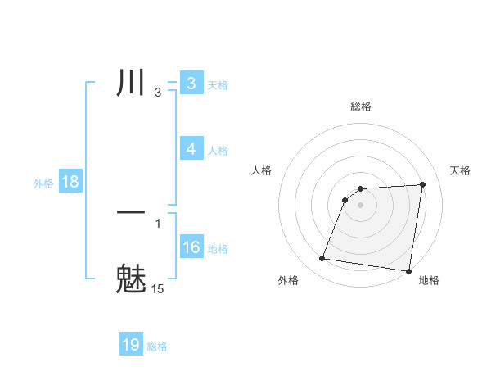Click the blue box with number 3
point(191,84)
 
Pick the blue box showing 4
point(191,149)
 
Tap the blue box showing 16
point(191,247)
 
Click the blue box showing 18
point(70,182)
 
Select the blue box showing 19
point(131,345)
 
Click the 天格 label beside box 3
point(218,84)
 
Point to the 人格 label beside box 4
point(218,151)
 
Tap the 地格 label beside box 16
point(218,249)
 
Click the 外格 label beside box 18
point(43,183)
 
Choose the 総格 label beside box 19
point(157,346)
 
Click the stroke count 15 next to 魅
point(157,289)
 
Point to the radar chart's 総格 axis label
point(360,106)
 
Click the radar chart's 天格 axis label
point(461,170)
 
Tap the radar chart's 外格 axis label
point(288,280)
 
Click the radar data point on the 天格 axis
point(423,184)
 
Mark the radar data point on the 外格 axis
point(322,259)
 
